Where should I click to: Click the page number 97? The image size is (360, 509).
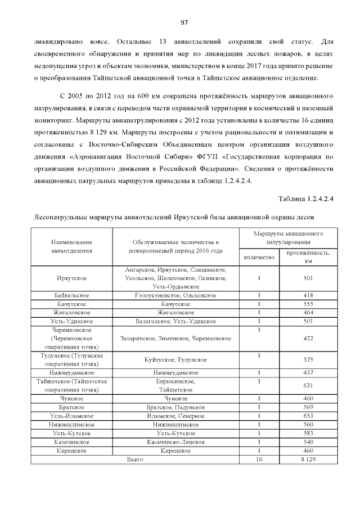pyautogui.click(x=183, y=22)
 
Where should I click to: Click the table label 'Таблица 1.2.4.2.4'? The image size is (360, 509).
pyautogui.click(x=308, y=198)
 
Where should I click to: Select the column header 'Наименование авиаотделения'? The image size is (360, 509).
pyautogui.click(x=71, y=246)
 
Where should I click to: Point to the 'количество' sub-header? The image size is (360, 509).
pyautogui.click(x=259, y=257)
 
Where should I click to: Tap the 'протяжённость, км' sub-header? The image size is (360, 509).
pyautogui.click(x=308, y=256)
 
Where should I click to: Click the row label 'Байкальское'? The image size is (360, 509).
pyautogui.click(x=71, y=295)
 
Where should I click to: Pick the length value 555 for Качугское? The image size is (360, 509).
pyautogui.click(x=308, y=304)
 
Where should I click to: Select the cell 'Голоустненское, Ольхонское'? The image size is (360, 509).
pyautogui.click(x=176, y=295)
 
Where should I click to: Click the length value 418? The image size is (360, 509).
pyautogui.click(x=308, y=295)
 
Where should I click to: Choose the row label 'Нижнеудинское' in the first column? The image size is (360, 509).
pyautogui.click(x=71, y=372)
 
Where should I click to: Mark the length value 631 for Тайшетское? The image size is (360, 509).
pyautogui.click(x=308, y=385)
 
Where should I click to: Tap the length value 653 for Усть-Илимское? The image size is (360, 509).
pyautogui.click(x=308, y=416)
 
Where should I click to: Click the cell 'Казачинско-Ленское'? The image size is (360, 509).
pyautogui.click(x=176, y=442)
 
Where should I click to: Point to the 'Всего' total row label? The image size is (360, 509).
pyautogui.click(x=135, y=460)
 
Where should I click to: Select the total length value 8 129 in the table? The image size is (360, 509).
pyautogui.click(x=308, y=460)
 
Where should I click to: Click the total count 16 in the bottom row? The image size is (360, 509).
pyautogui.click(x=259, y=460)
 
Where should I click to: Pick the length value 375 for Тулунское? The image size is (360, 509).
pyautogui.click(x=308, y=360)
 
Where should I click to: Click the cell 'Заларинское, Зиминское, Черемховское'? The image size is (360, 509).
pyautogui.click(x=176, y=339)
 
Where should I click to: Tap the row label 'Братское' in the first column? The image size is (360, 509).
pyautogui.click(x=71, y=407)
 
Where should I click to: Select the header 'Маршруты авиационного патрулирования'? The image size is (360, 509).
pyautogui.click(x=287, y=237)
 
